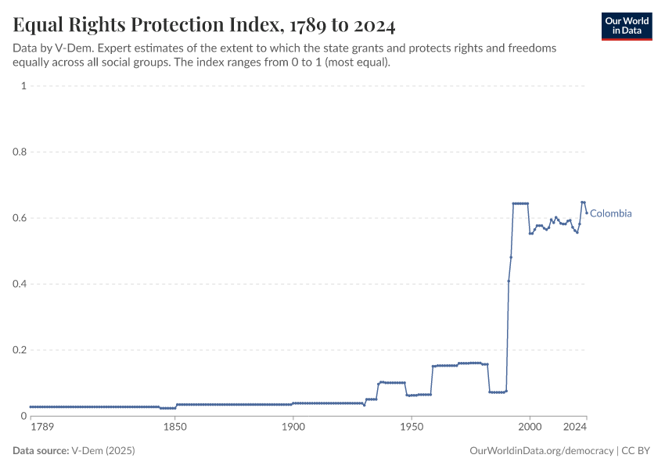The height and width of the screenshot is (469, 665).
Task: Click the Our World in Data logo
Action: (627, 26)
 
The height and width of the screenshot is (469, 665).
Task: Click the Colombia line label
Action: (610, 213)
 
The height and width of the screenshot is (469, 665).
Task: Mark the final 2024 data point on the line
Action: (586, 213)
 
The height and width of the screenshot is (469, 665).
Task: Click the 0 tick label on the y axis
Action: (23, 416)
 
